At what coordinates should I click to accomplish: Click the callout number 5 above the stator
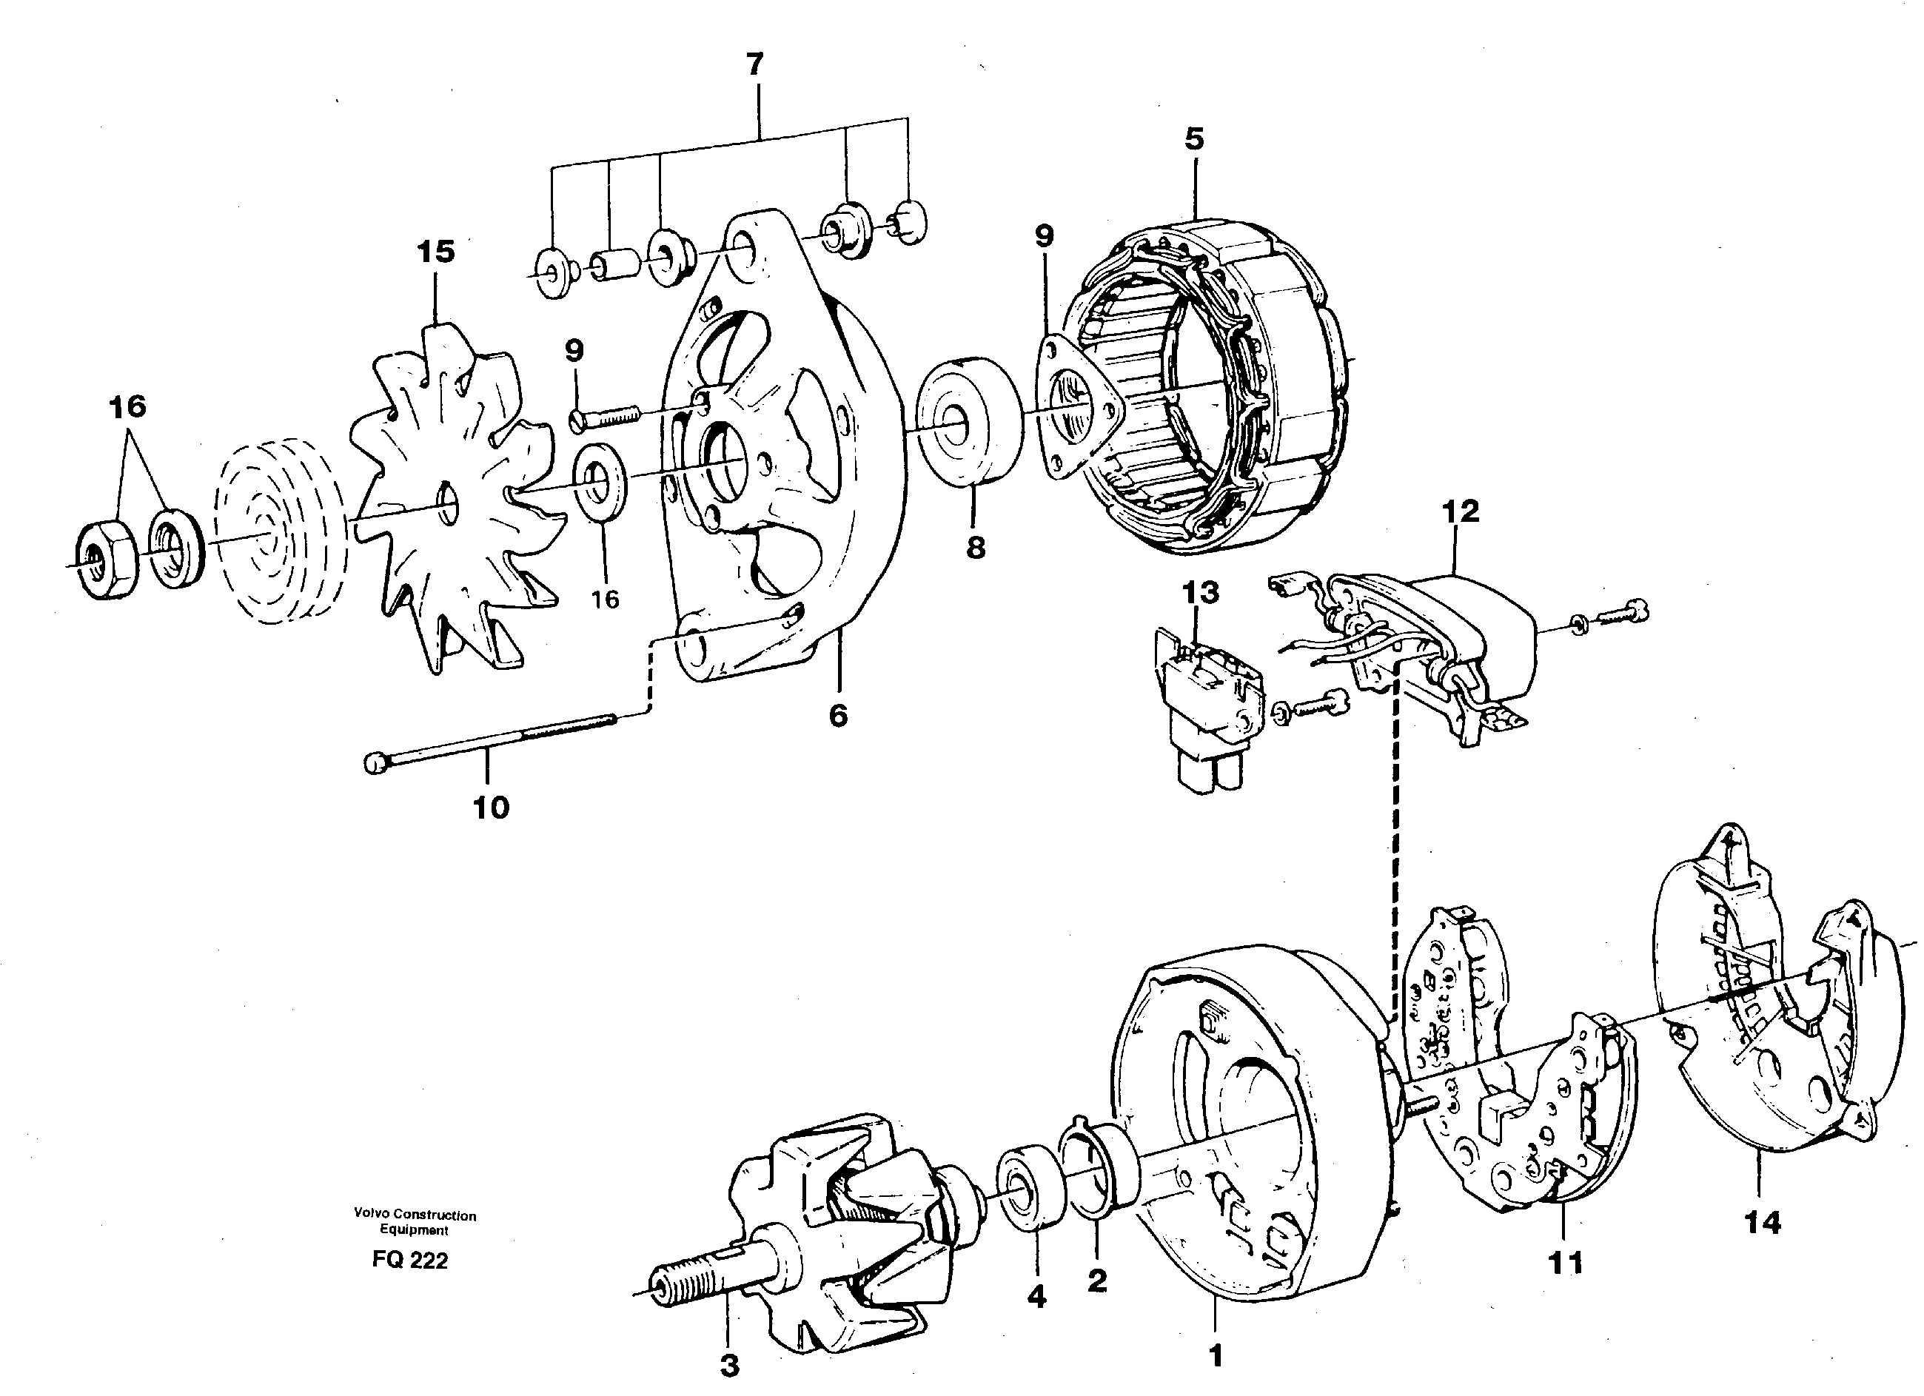coord(1193,139)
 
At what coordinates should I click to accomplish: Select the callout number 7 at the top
coord(754,64)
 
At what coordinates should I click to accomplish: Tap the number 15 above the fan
coord(435,252)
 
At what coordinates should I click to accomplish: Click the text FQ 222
coord(409,1261)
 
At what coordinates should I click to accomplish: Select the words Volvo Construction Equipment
coord(415,1222)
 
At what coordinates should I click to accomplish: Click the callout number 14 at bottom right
coord(1762,1222)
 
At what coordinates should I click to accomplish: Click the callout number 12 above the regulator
coord(1459,511)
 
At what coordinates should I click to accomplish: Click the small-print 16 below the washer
coord(605,600)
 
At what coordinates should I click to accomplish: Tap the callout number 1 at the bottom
coord(1215,1356)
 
